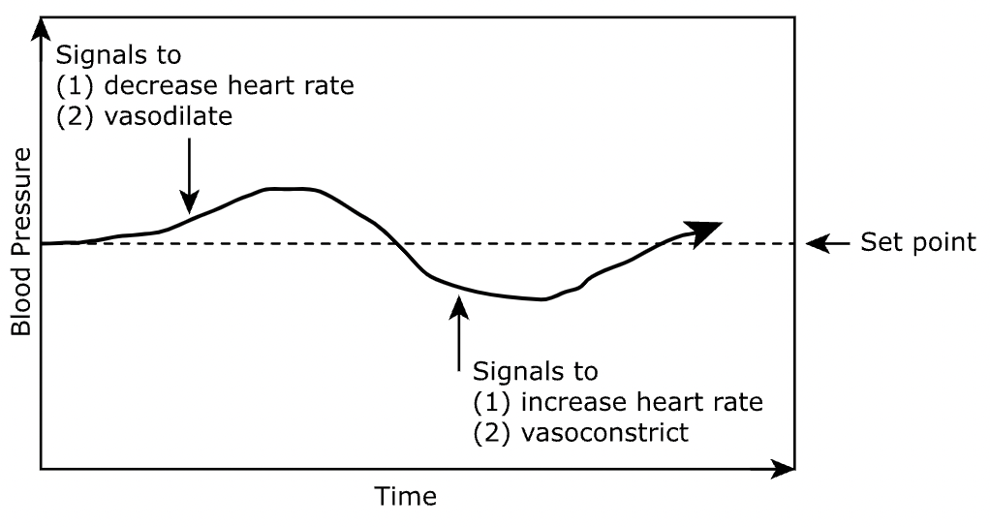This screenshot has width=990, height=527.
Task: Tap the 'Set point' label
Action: (x=918, y=242)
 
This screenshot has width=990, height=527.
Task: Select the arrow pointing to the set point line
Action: (x=826, y=243)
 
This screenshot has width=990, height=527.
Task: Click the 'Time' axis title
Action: (x=406, y=498)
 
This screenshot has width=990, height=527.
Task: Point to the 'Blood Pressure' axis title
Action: (x=21, y=241)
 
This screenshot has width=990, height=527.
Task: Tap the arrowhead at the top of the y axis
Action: (x=41, y=26)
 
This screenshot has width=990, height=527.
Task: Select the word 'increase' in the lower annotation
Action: (x=558, y=401)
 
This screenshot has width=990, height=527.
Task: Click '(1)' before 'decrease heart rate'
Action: (x=76, y=85)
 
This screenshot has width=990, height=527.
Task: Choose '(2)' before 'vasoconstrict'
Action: (x=490, y=431)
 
